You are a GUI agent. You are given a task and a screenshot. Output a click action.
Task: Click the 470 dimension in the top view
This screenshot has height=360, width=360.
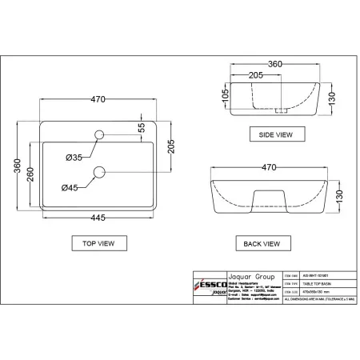(x=98, y=100)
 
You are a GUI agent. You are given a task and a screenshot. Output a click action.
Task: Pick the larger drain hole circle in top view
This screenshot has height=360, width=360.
(x=100, y=170)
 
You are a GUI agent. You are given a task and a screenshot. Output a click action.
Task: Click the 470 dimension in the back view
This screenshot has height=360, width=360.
(x=269, y=168)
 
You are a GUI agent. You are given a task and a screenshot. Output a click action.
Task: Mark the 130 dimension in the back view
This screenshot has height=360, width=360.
(x=339, y=194)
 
